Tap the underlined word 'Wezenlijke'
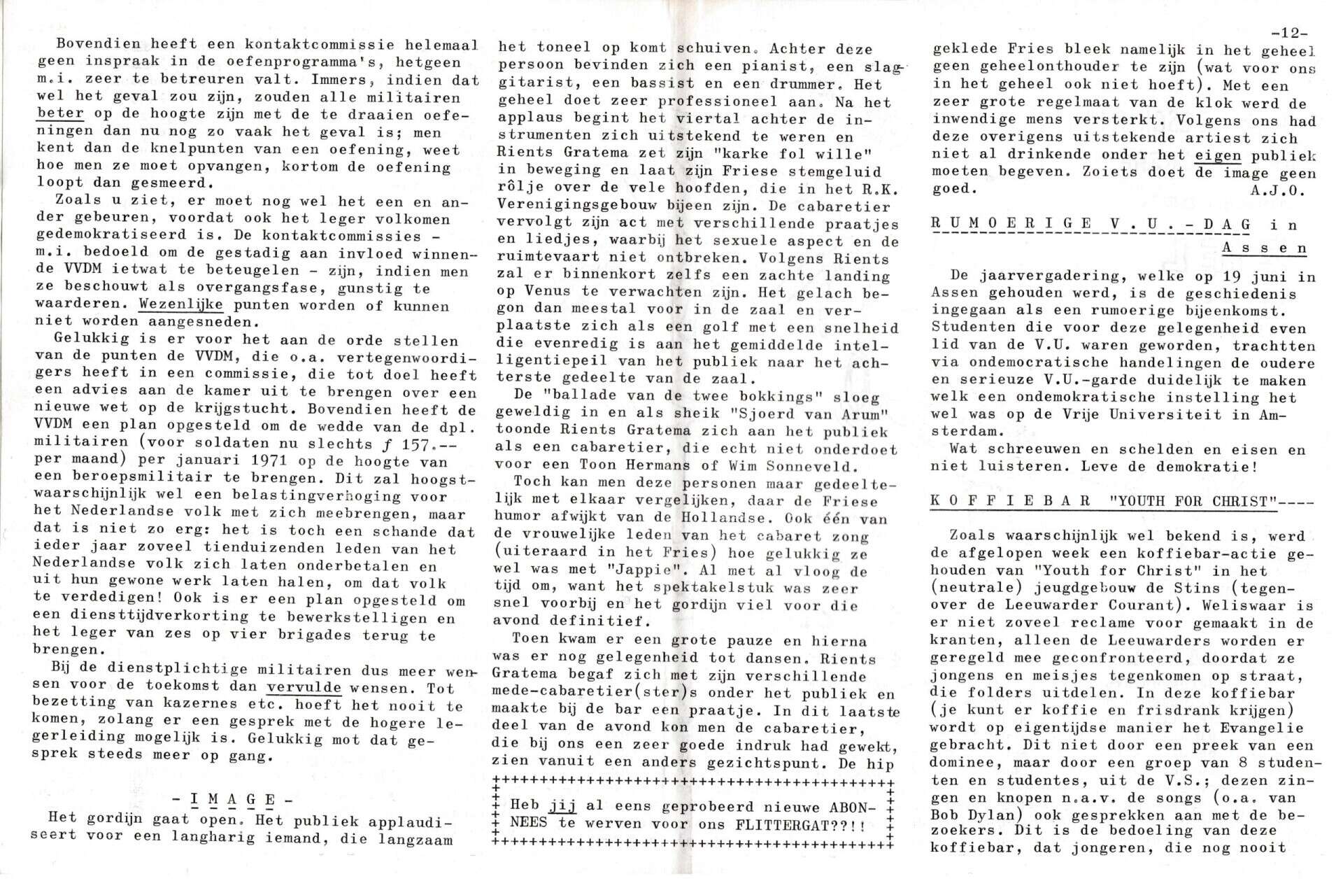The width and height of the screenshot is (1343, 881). (x=181, y=306)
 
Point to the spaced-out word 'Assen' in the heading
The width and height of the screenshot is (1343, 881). (x=1265, y=248)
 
